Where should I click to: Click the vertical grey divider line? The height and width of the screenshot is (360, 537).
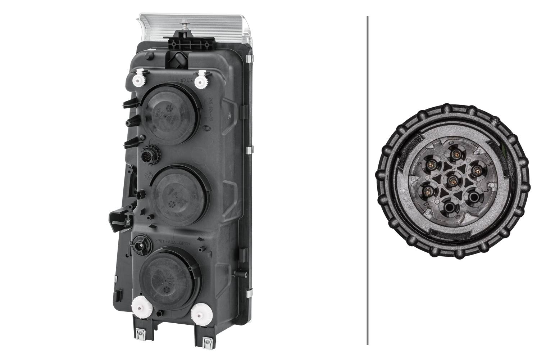[368, 180]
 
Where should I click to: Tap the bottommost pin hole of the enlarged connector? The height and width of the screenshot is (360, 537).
[449, 207]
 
